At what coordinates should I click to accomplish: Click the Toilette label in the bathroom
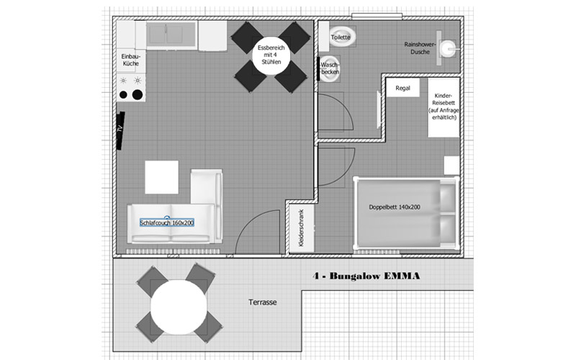tap(341, 37)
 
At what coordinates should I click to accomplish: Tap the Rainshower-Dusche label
tap(420, 48)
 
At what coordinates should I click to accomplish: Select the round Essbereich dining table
tap(271, 55)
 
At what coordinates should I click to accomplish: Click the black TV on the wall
tap(120, 130)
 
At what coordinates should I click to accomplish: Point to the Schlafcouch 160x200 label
tap(167, 222)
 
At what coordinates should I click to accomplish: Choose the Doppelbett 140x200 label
tap(395, 207)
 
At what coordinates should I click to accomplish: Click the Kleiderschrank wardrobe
tap(302, 228)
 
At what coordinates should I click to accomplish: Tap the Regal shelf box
tap(402, 88)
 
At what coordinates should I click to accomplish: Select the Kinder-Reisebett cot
tap(444, 107)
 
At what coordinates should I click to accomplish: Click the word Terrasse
tap(263, 302)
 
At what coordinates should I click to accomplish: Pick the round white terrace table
tap(179, 307)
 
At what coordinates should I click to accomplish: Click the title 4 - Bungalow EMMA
tap(366, 276)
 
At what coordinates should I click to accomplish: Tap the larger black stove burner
tap(138, 95)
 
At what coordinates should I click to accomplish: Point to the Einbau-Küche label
tap(131, 60)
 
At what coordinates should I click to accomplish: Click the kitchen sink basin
tap(171, 35)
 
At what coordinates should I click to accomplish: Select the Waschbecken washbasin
tap(330, 68)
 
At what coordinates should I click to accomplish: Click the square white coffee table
tap(161, 177)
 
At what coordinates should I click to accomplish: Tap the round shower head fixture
tap(448, 48)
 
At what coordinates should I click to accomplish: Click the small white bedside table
tap(452, 166)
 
